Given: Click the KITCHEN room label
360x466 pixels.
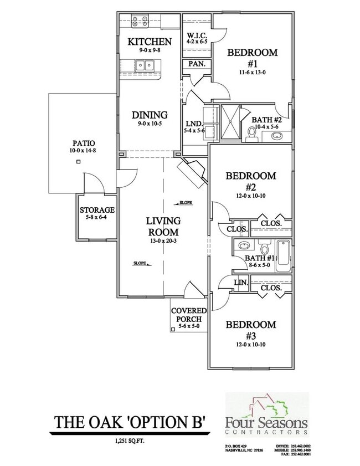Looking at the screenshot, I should click(x=150, y=42).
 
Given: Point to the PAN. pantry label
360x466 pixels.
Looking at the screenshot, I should click(x=197, y=64).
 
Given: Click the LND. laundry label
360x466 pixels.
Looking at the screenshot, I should click(x=194, y=124).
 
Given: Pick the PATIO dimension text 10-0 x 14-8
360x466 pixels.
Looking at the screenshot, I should click(x=80, y=151).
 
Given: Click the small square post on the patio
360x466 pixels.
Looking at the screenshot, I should click(x=79, y=162).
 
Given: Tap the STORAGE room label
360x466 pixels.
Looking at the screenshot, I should click(x=97, y=210).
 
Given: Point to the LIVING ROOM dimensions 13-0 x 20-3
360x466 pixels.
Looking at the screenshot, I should click(x=162, y=241).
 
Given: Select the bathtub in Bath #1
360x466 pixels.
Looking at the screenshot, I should click(x=283, y=255).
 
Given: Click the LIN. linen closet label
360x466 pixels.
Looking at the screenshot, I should click(x=240, y=282).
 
